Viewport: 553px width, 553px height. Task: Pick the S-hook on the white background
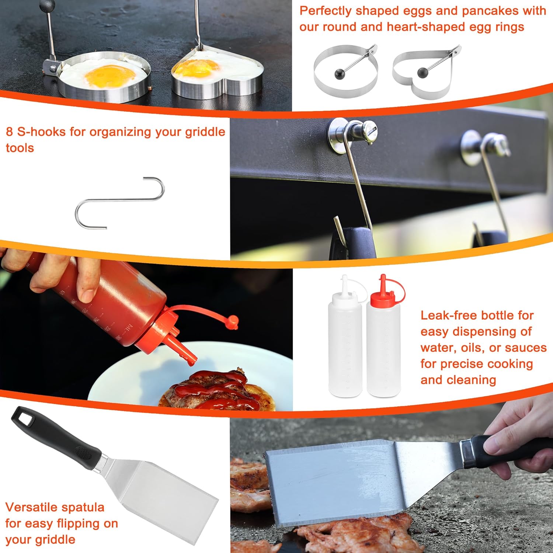click(x=119, y=203)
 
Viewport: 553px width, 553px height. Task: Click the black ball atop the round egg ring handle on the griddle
click(x=48, y=5)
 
